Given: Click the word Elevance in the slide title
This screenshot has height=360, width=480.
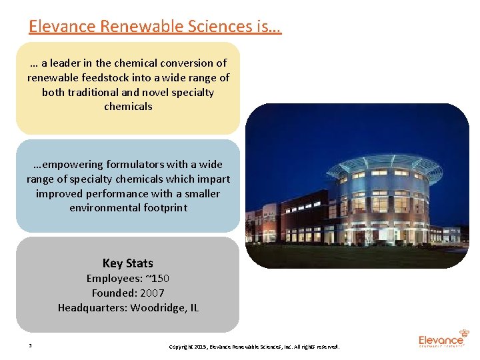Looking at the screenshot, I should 62,26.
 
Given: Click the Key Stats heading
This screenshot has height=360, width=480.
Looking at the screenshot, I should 127,263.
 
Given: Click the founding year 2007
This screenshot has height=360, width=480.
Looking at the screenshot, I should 152,293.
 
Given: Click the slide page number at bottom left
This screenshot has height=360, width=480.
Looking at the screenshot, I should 31,346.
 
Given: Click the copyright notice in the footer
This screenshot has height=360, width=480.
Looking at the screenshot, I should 254,347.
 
